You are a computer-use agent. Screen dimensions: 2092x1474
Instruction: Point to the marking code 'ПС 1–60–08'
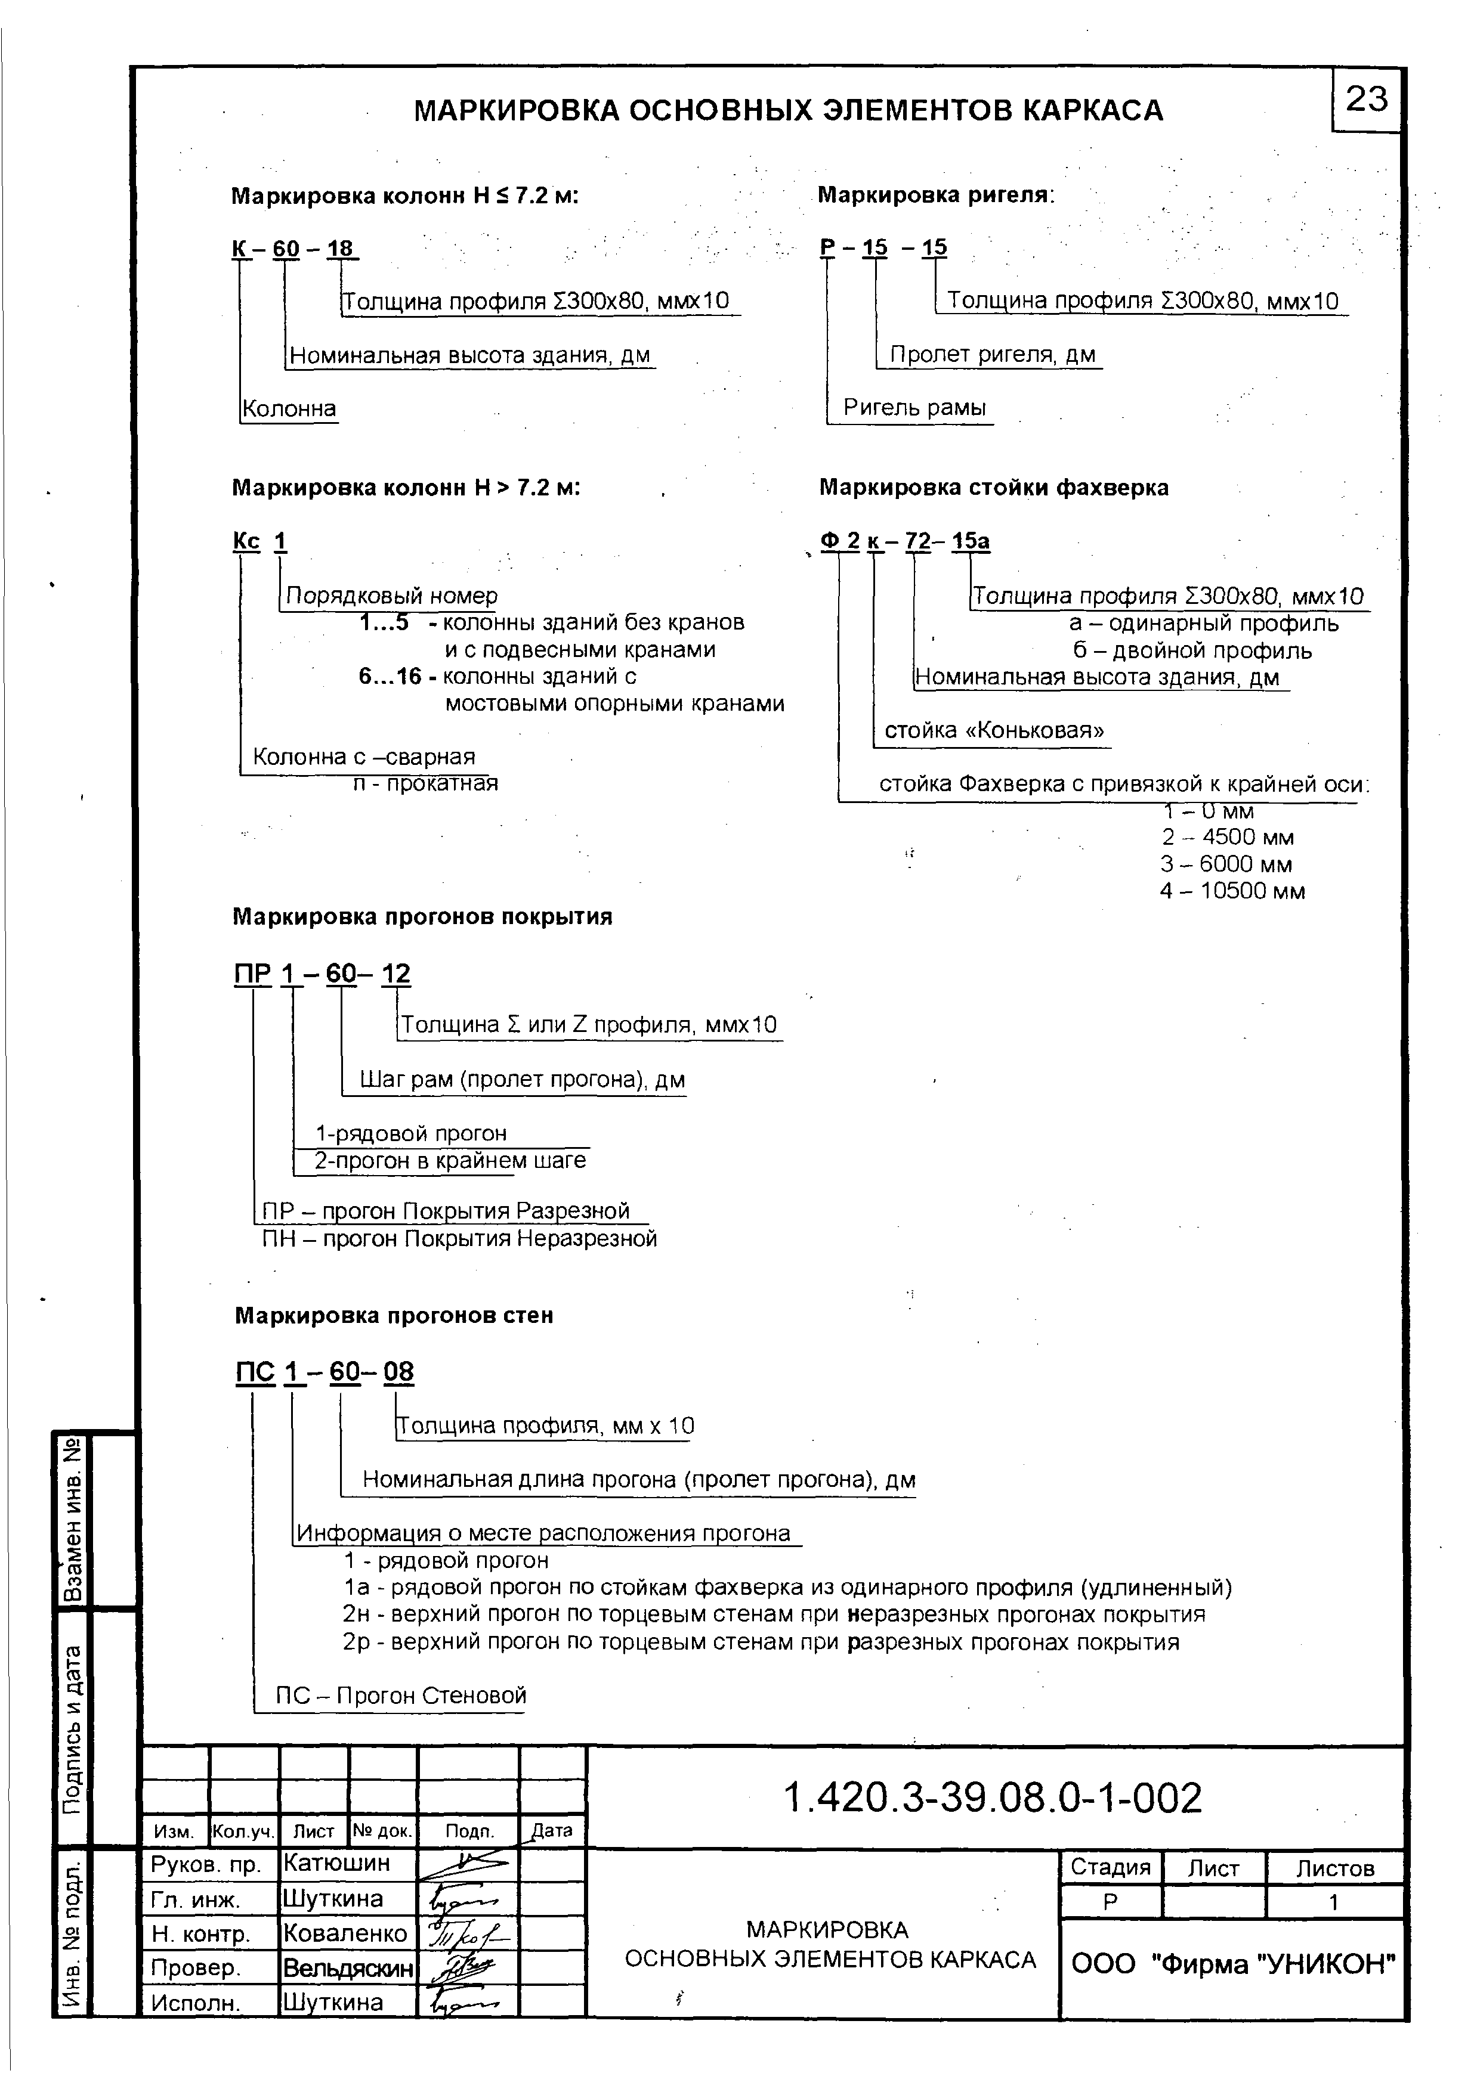[325, 1397]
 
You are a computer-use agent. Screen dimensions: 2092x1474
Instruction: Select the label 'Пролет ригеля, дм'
[992, 355]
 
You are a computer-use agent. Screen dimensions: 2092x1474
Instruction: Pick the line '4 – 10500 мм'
[1232, 891]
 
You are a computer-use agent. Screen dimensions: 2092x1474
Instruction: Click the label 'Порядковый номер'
[392, 596]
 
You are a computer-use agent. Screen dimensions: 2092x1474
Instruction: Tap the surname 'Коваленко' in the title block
[345, 1933]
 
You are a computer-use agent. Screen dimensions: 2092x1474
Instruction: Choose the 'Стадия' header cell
[1110, 1867]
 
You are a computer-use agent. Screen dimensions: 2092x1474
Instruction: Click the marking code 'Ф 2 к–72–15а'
[905, 541]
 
